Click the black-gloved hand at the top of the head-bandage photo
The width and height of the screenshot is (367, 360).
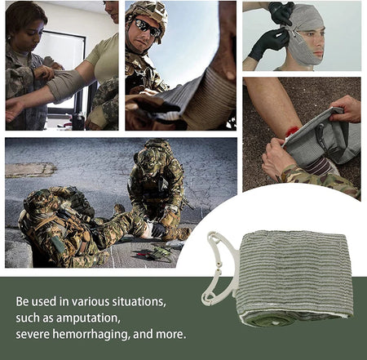click(282, 12)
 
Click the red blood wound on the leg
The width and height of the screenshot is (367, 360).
click(292, 131)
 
